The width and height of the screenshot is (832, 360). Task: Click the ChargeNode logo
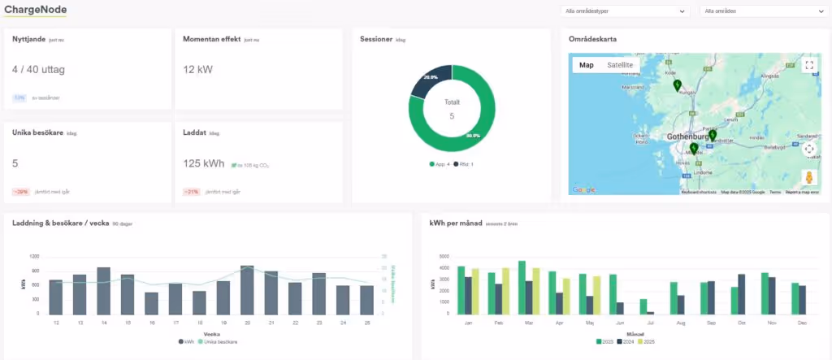[35, 10]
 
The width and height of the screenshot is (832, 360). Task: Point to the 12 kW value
[197, 70]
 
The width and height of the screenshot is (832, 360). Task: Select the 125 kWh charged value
[203, 163]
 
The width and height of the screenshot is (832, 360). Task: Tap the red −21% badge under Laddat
[192, 192]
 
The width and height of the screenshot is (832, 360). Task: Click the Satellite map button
[620, 65]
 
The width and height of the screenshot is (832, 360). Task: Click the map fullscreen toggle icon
[808, 66]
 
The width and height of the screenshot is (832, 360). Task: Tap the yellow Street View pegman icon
[808, 177]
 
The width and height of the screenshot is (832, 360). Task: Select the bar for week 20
[247, 289]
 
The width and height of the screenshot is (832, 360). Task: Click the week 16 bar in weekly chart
[151, 303]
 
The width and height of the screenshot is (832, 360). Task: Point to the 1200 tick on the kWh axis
[35, 257]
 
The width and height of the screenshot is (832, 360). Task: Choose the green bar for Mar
[522, 287]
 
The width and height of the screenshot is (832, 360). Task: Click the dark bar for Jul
[650, 312]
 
